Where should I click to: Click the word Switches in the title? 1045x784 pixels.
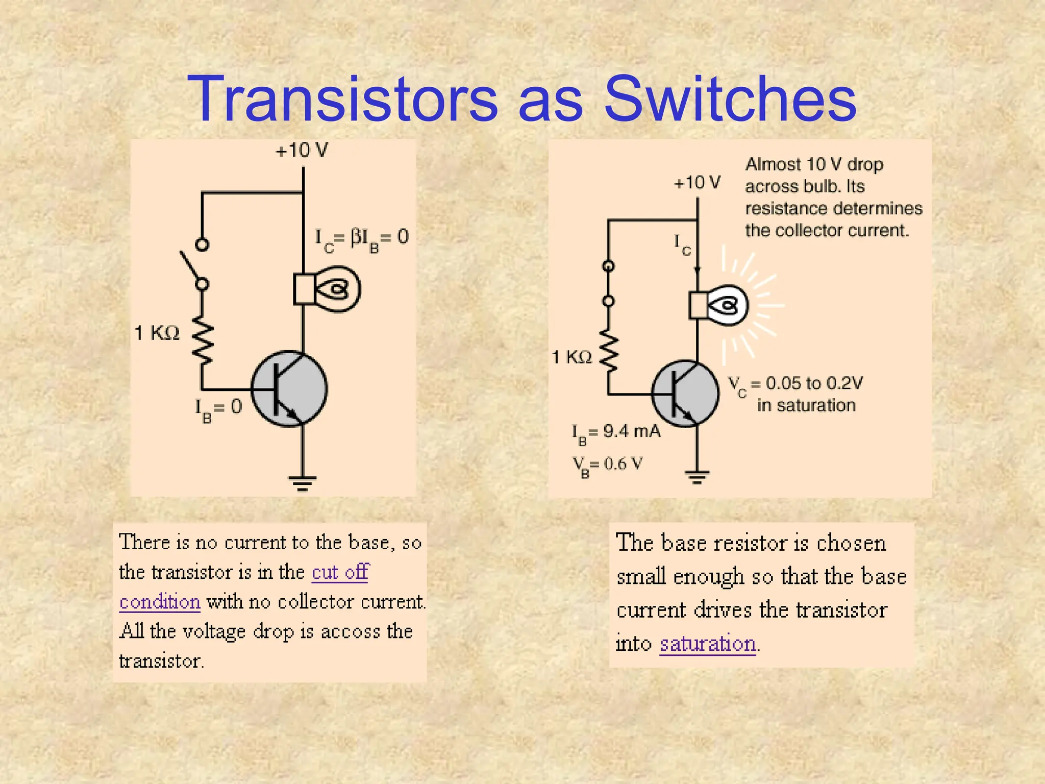730,99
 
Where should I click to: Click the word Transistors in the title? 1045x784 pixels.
342,99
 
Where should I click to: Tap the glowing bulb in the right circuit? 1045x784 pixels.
719,306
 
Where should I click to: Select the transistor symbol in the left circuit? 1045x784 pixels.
289,388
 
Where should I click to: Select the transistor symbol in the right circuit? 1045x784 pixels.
685,394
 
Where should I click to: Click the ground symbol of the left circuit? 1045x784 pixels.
303,482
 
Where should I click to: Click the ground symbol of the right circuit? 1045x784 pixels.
697,477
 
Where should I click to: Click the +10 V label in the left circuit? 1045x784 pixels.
302,150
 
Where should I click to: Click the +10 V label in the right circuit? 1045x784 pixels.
697,182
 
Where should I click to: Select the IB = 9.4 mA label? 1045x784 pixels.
616,433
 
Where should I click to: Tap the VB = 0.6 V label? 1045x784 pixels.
607,465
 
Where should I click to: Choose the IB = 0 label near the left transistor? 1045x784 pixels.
218,409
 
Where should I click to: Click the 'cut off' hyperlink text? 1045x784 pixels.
340,572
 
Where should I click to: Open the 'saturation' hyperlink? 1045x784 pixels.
708,644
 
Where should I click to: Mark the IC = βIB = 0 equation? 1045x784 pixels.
362,238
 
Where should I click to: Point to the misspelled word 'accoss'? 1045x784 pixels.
351,631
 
